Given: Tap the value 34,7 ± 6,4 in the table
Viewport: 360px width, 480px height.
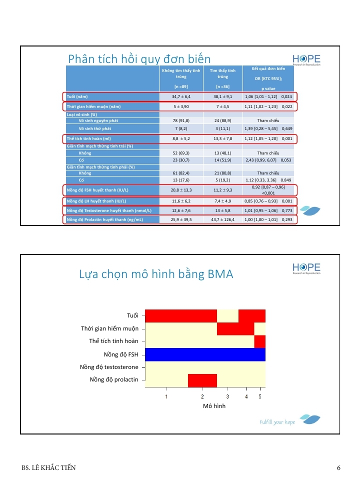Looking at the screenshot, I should [181, 96].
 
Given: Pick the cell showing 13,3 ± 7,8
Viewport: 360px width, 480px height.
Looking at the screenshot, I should [223, 138].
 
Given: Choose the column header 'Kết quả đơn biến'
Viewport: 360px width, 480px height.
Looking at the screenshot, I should [268, 68].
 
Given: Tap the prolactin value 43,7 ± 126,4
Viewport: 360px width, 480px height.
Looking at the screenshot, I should [223, 219].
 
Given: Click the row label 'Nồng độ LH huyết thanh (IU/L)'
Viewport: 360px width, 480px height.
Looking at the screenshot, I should [96, 201].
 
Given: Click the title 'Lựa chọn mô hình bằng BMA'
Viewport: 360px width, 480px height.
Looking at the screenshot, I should [156, 274].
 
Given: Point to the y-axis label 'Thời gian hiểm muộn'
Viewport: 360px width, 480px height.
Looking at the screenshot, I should [109, 328].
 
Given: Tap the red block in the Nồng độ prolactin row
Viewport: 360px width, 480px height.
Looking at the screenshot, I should [202, 380].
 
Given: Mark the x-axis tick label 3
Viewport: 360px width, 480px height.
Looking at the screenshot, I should [227, 396].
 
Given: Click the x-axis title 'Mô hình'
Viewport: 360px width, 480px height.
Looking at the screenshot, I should [214, 406].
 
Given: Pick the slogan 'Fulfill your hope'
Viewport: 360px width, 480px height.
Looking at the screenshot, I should [277, 422].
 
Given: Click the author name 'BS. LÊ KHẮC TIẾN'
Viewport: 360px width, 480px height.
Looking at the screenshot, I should [48, 468].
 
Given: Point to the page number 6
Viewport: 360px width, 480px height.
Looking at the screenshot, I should [338, 468].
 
